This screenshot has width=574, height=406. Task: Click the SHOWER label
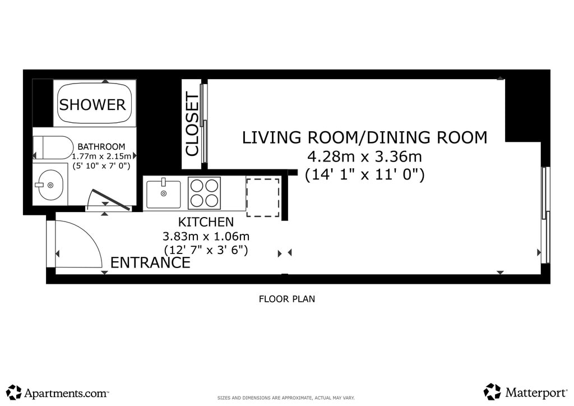92,105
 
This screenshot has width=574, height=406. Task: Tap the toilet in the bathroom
53,147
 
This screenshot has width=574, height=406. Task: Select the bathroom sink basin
50,185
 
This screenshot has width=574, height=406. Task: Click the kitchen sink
163,195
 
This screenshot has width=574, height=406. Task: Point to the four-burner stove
204,193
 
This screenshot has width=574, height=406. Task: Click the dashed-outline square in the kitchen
263,198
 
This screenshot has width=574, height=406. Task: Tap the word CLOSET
192,124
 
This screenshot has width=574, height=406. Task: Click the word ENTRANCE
150,262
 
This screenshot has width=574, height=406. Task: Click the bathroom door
111,200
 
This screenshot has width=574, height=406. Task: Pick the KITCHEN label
206,222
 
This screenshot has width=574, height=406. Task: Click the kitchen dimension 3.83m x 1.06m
206,236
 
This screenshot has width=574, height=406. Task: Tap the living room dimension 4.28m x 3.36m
364,156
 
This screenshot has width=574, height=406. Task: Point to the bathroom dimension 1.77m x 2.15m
101,156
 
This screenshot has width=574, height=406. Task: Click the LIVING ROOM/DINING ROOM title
364,137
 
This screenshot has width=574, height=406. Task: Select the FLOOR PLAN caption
286,299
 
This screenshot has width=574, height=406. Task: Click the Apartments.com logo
58,393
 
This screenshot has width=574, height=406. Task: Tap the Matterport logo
525,393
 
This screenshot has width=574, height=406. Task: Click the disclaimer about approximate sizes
286,398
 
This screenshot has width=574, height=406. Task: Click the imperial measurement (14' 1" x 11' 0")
364,174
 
